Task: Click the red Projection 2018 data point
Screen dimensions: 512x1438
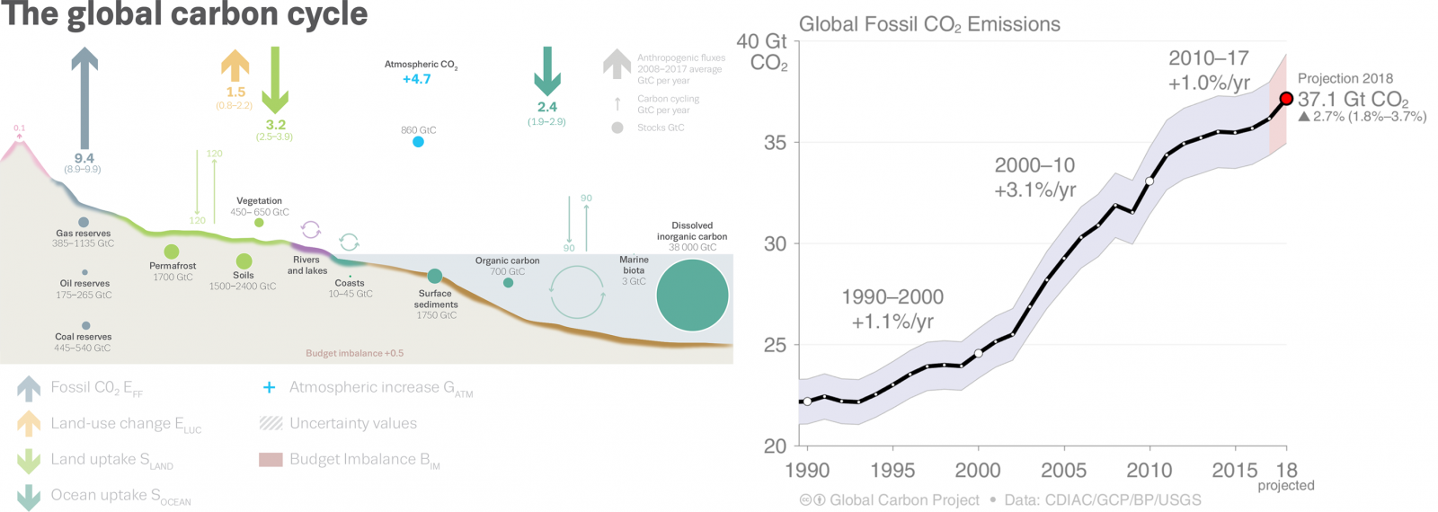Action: click(x=1286, y=99)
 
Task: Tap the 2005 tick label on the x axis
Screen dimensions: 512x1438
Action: click(x=1063, y=470)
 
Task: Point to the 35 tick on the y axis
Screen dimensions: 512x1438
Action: click(x=775, y=143)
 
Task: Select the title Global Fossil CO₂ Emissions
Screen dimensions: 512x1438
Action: click(x=929, y=24)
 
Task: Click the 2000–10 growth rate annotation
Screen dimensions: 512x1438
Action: click(x=1034, y=177)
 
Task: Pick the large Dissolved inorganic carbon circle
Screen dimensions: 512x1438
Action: click(x=692, y=295)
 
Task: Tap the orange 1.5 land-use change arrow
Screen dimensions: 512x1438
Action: click(x=235, y=66)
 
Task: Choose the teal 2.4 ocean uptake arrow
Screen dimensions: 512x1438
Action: click(x=546, y=71)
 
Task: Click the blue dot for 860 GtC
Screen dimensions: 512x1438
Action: click(x=418, y=142)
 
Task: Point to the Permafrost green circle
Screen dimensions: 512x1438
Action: click(x=172, y=252)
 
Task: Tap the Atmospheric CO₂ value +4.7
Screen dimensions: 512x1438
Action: click(x=416, y=79)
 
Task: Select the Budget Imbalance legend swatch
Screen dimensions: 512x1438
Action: click(x=271, y=460)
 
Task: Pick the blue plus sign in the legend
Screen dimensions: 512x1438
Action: click(x=269, y=387)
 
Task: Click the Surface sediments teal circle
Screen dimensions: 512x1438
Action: click(x=435, y=276)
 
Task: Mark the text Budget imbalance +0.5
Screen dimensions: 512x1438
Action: click(x=354, y=353)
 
